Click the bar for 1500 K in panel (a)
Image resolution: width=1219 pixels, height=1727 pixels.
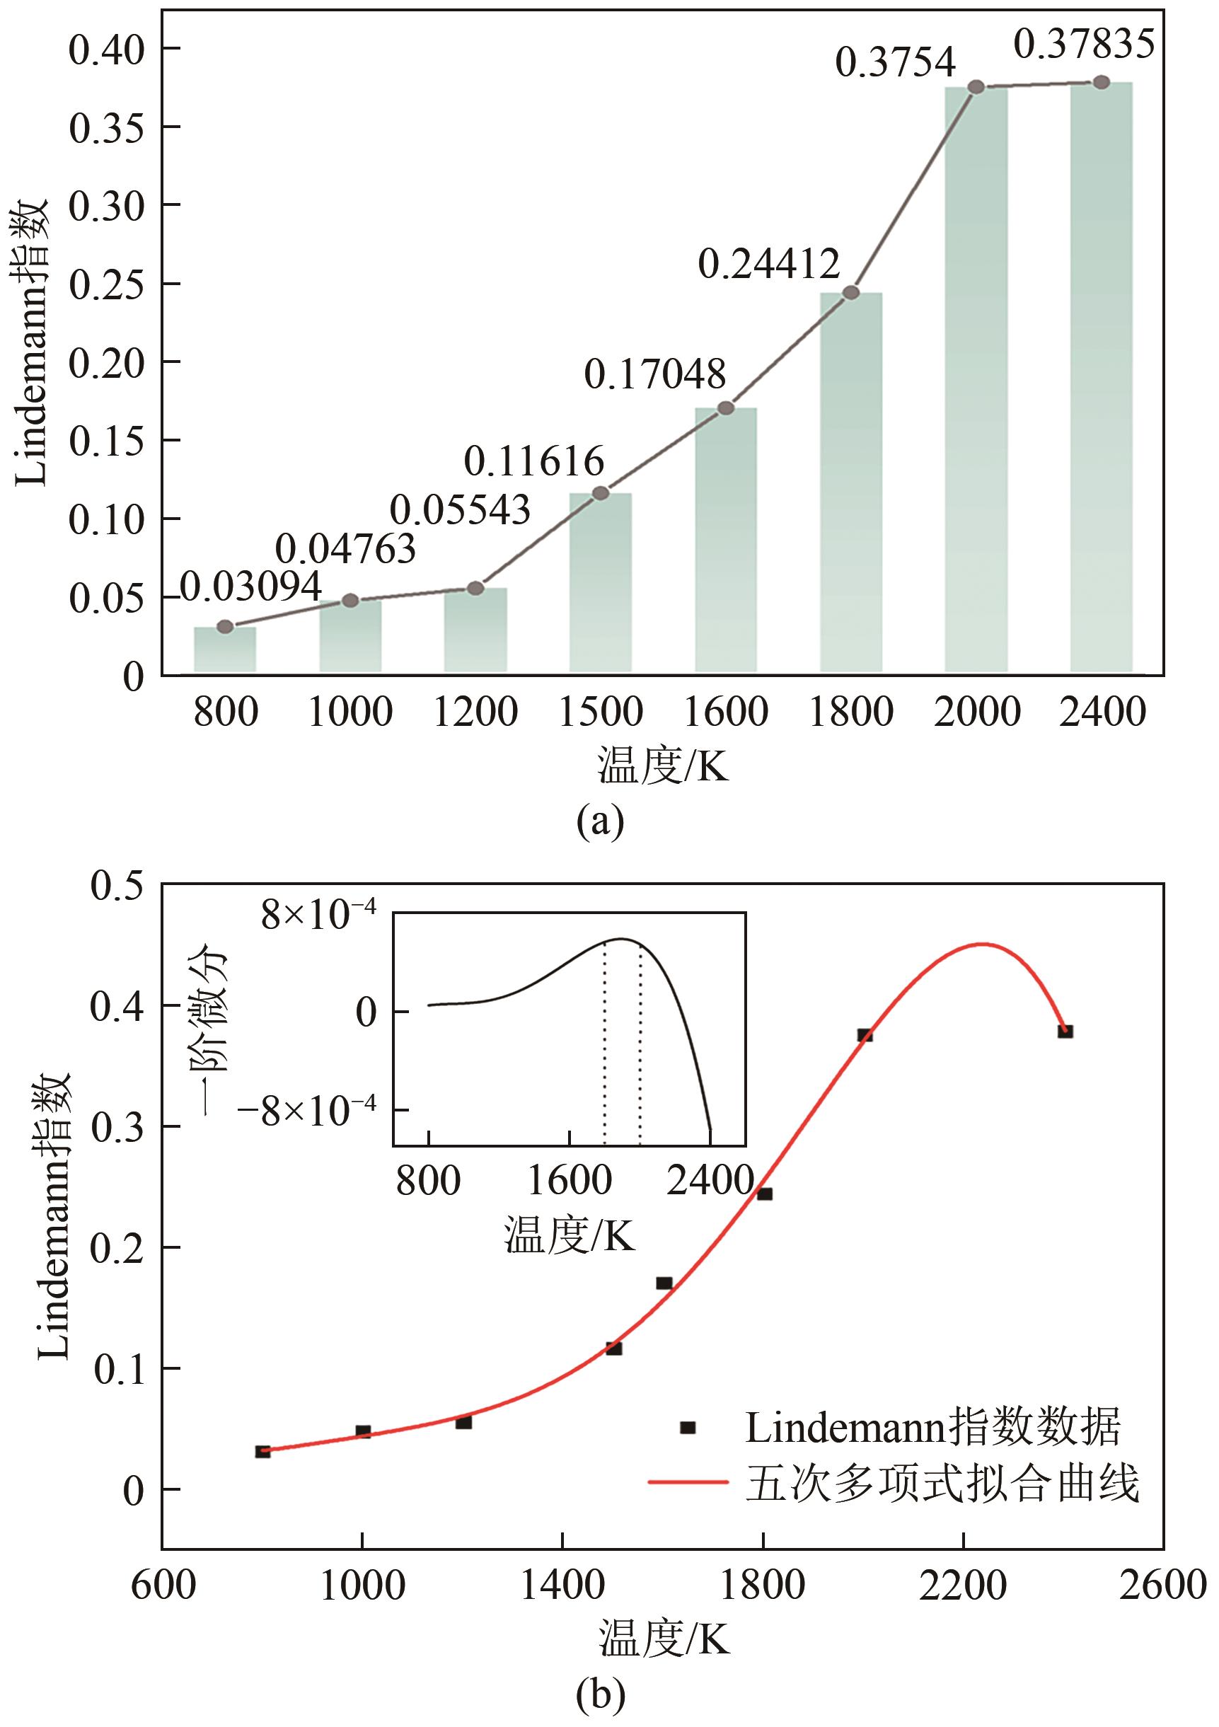tap(600, 582)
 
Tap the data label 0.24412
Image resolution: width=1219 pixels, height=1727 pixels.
tap(768, 264)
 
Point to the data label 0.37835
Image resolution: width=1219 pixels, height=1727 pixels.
tap(1083, 44)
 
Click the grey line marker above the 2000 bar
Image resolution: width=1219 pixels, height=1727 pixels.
tap(976, 87)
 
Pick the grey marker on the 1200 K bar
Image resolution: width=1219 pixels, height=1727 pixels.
tap(475, 588)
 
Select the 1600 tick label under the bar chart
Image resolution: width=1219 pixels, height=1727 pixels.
tap(725, 712)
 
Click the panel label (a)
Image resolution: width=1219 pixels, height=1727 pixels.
tap(600, 821)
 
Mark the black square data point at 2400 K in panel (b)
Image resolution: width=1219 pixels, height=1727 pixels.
tap(1065, 1032)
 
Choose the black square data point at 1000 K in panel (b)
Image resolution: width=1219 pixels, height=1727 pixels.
tap(363, 1431)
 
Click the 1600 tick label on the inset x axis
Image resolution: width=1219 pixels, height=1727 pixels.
tap(570, 1181)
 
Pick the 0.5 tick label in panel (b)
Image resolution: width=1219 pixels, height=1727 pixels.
tap(117, 885)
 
